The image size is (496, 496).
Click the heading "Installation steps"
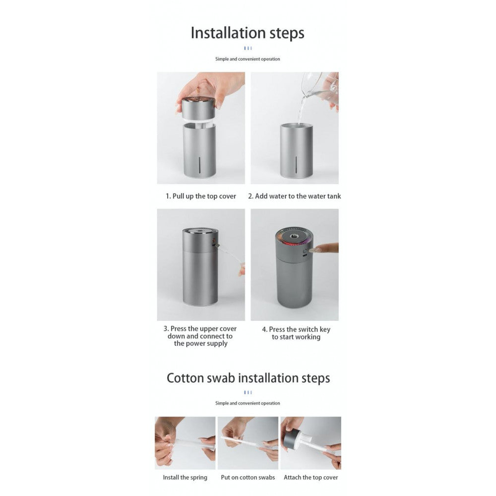tap(248, 33)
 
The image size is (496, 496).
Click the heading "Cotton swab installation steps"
tap(248, 378)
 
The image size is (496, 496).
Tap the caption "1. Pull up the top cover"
tap(201, 196)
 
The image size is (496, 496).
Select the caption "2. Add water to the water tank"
tap(295, 196)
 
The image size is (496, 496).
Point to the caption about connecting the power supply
tap(200, 336)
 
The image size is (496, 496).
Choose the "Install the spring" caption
tap(185, 478)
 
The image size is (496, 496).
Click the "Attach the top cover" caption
tap(310, 478)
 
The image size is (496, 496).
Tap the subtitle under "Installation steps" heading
tap(248, 59)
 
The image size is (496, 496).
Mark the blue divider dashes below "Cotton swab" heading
tap(248, 392)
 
